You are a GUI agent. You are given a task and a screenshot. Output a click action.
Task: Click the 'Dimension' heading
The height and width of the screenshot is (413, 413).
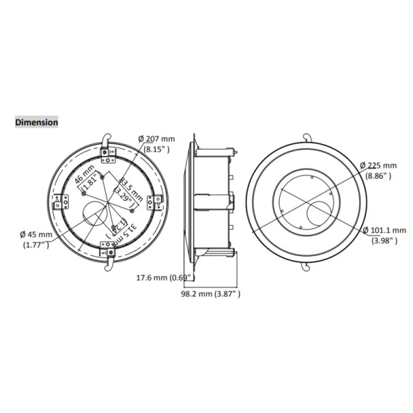[x=37, y=122]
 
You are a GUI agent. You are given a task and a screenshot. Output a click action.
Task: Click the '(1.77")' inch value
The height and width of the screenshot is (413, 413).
[x=36, y=245]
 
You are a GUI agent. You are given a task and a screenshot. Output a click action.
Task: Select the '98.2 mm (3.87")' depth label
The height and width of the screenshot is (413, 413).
[x=211, y=293]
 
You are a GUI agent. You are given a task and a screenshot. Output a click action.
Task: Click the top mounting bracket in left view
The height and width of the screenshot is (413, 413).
[x=109, y=159]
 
